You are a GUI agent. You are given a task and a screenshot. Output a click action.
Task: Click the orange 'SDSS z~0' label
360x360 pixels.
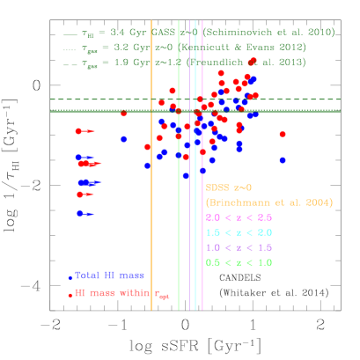click(x=229, y=187)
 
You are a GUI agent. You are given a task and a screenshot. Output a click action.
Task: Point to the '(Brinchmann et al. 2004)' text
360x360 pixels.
click(x=268, y=202)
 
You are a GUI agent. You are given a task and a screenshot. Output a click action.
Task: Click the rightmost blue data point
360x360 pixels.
click(x=283, y=160)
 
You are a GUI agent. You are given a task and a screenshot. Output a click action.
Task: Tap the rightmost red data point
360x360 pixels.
click(x=283, y=135)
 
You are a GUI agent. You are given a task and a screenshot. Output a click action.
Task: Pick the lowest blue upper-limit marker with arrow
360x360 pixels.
click(x=80, y=213)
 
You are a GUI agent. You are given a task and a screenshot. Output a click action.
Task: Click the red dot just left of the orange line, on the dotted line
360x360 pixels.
click(x=123, y=114)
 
